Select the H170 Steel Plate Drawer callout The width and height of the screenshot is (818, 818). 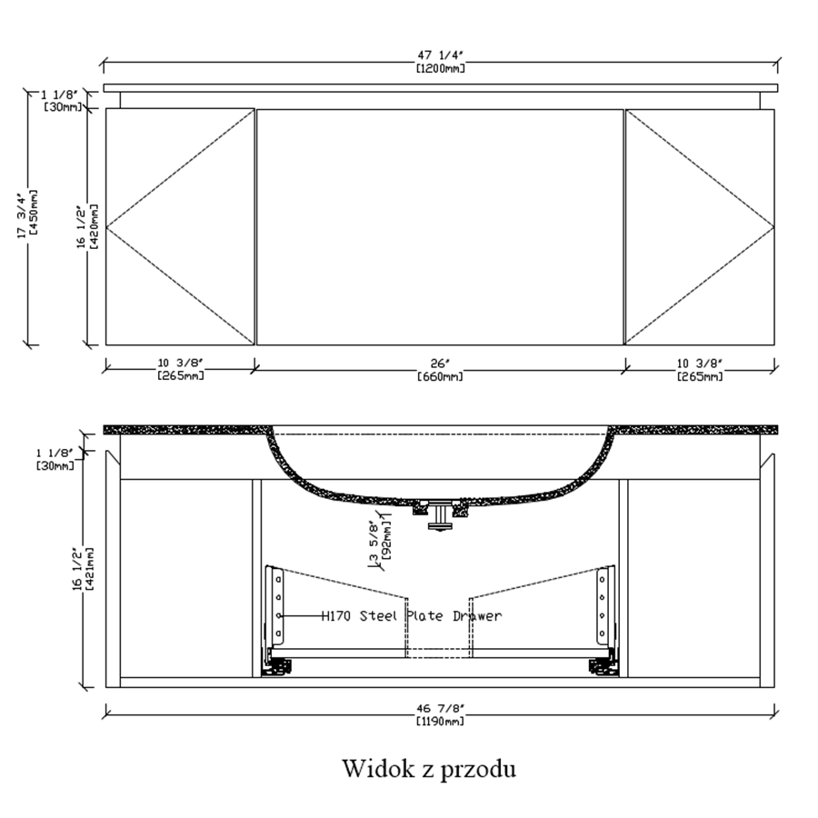(411, 616)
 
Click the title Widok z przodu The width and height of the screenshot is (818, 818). (429, 768)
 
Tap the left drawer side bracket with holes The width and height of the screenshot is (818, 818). (276, 605)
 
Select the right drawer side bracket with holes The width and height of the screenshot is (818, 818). (605, 605)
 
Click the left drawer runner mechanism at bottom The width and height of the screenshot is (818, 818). (276, 666)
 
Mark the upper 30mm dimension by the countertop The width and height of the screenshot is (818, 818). (62, 101)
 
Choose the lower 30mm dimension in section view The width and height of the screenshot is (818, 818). (55, 459)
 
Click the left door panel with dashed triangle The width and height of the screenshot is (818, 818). (180, 227)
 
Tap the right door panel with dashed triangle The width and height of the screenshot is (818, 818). (700, 227)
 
